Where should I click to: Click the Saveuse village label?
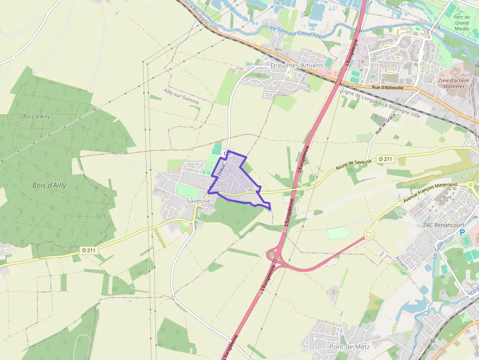198,201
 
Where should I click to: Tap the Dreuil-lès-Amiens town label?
297,65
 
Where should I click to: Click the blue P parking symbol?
463,233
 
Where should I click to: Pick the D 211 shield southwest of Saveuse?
88,250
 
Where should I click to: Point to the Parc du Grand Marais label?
461,22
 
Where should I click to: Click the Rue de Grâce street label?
385,125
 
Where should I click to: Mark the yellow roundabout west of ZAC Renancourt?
368,235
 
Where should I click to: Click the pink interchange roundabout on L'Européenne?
271,255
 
